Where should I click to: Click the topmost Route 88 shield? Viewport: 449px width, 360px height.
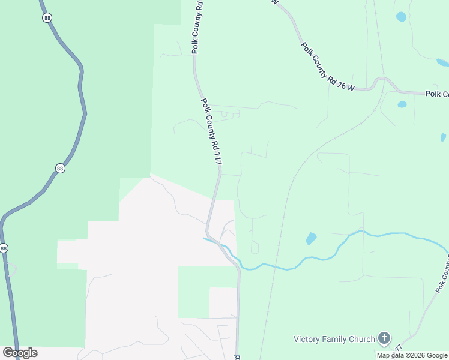coord(47,18)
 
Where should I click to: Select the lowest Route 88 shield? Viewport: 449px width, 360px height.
coord(4,248)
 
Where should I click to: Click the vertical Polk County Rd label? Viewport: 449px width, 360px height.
coord(197,27)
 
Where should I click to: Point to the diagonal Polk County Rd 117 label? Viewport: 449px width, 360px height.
coord(211,132)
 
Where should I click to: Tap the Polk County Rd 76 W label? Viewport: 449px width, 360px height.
coord(328,67)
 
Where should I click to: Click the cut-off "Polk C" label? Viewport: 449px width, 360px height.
coord(436,94)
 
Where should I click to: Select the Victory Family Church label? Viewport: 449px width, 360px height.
coord(334,339)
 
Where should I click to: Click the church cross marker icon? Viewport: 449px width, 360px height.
coord(384,339)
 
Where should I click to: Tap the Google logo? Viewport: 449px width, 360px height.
coord(20,352)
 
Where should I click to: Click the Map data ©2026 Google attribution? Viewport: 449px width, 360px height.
coord(412,355)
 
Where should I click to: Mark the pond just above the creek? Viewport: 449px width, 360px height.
coord(311,238)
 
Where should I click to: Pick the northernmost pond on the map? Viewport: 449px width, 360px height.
coord(401,16)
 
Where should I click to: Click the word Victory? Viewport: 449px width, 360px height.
coord(307,339)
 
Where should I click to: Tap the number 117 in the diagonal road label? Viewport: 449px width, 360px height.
coord(217,157)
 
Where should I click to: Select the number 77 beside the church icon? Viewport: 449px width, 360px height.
coord(399,348)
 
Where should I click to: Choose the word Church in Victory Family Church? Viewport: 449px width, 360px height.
coord(361,339)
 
